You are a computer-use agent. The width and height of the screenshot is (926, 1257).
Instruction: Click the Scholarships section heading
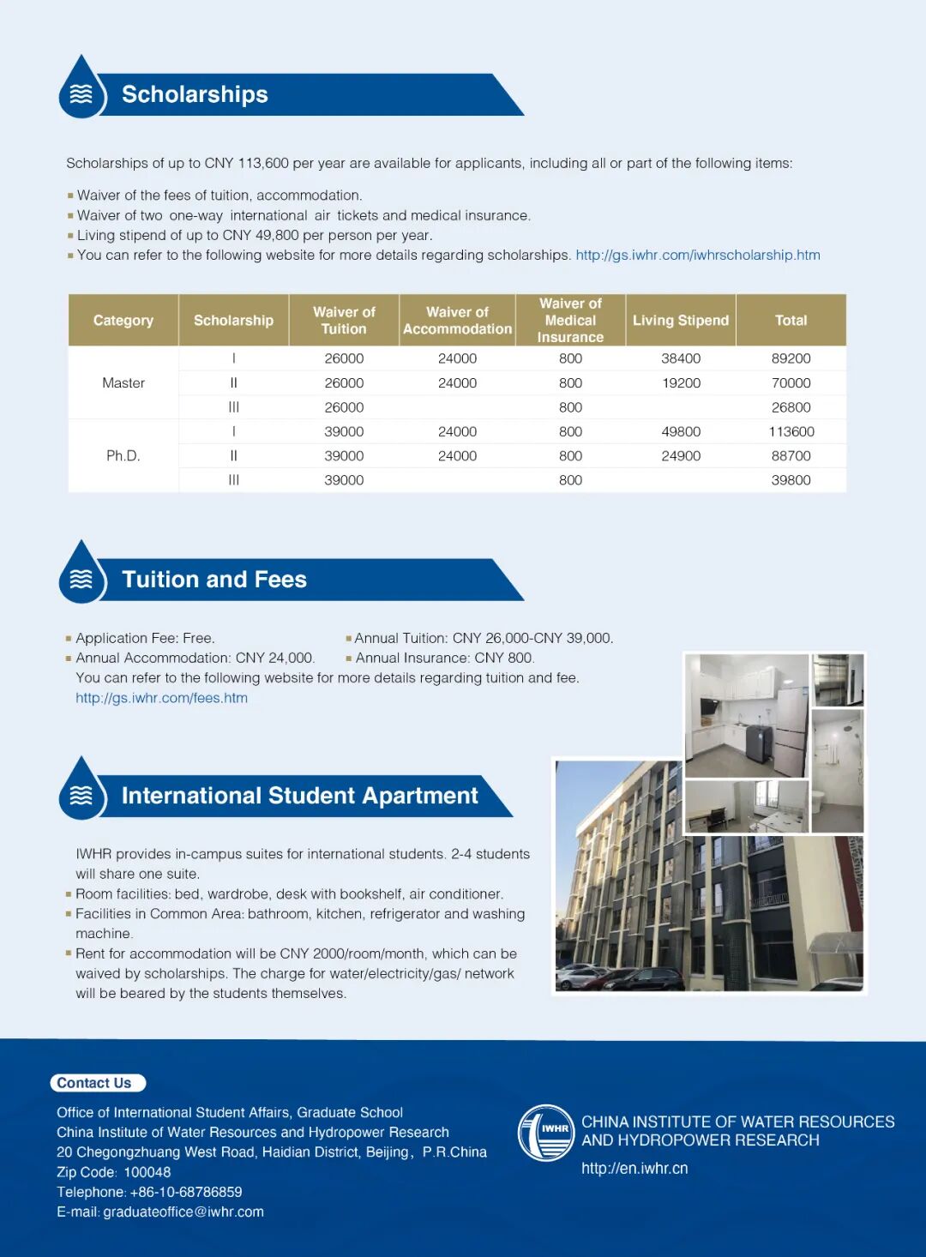pyautogui.click(x=195, y=94)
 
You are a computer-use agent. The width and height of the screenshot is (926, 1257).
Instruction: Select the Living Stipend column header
pyautogui.click(x=681, y=321)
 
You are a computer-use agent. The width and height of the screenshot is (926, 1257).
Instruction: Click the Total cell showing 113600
pyautogui.click(x=791, y=432)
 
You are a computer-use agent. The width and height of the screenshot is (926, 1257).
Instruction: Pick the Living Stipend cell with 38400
pyautogui.click(x=681, y=358)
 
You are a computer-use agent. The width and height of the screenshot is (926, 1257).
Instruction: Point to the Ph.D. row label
pyautogui.click(x=123, y=456)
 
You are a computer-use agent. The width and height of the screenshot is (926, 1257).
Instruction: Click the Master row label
pyautogui.click(x=123, y=383)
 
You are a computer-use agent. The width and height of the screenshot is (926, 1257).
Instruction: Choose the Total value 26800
pyautogui.click(x=791, y=407)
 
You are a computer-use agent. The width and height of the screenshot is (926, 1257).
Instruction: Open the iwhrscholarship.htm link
pyautogui.click(x=698, y=256)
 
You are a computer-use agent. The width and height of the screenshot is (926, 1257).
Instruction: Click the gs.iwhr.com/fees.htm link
pyautogui.click(x=161, y=698)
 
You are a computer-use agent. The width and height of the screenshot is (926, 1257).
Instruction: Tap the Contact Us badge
pyautogui.click(x=95, y=1083)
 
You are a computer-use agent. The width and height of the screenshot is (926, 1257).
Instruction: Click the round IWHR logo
pyautogui.click(x=546, y=1133)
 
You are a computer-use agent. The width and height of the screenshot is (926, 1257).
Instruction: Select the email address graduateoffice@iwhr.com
pyautogui.click(x=183, y=1212)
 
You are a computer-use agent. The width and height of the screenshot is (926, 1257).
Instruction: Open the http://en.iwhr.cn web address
pyautogui.click(x=634, y=1169)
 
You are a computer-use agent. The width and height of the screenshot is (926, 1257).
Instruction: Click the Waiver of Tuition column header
pyautogui.click(x=344, y=321)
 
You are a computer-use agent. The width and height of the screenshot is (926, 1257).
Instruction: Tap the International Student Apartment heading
pyautogui.click(x=299, y=796)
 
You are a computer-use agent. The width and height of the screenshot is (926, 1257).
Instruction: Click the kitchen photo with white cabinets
pyautogui.click(x=747, y=715)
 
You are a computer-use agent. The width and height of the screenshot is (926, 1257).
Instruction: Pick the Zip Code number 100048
pyautogui.click(x=147, y=1172)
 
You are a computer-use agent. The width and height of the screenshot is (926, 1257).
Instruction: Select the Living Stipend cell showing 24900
pyautogui.click(x=681, y=456)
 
